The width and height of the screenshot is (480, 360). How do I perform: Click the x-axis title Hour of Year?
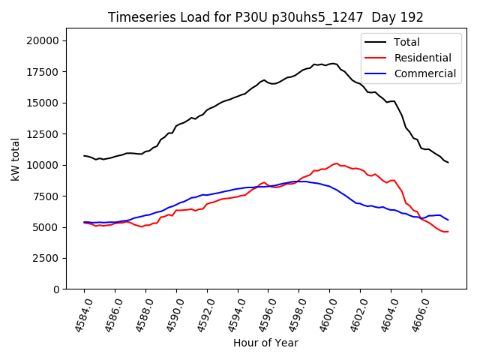[265, 343]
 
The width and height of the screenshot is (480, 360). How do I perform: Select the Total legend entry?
[406, 42]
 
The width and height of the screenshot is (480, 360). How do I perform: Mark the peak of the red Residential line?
[336, 163]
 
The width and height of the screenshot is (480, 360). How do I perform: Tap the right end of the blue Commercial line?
[448, 220]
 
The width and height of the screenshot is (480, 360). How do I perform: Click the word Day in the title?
[376, 17]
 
